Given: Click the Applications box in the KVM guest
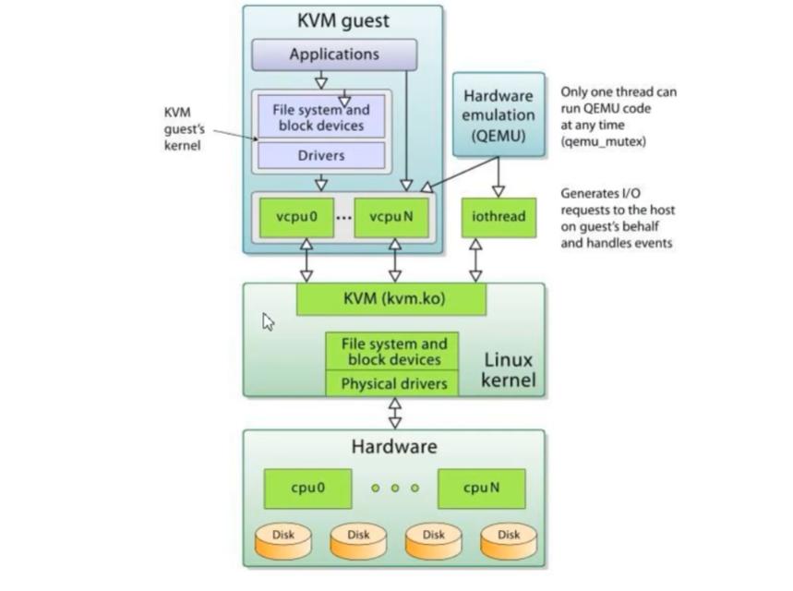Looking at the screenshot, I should [333, 54].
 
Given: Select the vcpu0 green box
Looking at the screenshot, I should [296, 217].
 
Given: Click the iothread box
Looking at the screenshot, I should [498, 217].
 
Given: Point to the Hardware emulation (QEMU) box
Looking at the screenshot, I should [499, 116].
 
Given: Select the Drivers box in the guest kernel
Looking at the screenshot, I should [320, 156].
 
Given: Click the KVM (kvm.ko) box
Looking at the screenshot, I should [390, 300].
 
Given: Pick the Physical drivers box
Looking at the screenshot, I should [391, 383].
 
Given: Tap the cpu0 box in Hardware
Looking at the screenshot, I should [307, 488].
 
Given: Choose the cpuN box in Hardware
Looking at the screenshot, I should [481, 488].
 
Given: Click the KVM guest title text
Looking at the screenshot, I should [342, 19].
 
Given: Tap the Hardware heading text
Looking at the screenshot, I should [393, 447].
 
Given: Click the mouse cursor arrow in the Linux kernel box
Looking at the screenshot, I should [268, 321].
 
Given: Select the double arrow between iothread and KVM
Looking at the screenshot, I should [475, 260].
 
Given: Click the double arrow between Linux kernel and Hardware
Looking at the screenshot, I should [395, 413].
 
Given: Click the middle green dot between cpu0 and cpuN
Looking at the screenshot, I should [394, 488].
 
